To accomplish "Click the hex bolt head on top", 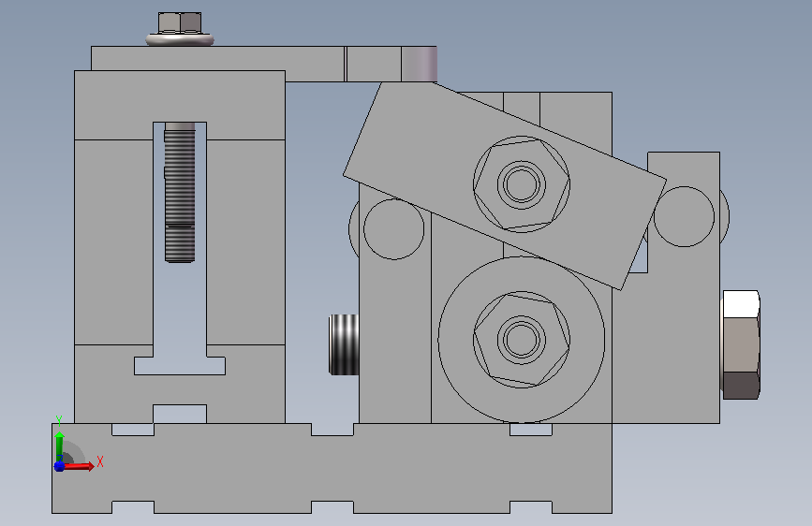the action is click(180, 22).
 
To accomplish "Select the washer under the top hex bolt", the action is click(180, 39).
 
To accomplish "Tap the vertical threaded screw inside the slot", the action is click(180, 193).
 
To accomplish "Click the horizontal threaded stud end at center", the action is click(344, 344).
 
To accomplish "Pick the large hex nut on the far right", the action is click(741, 344).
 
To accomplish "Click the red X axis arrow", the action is click(78, 466).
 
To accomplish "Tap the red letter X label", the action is click(100, 461).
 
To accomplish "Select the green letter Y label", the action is click(59, 420).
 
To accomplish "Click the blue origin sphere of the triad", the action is click(59, 466).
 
